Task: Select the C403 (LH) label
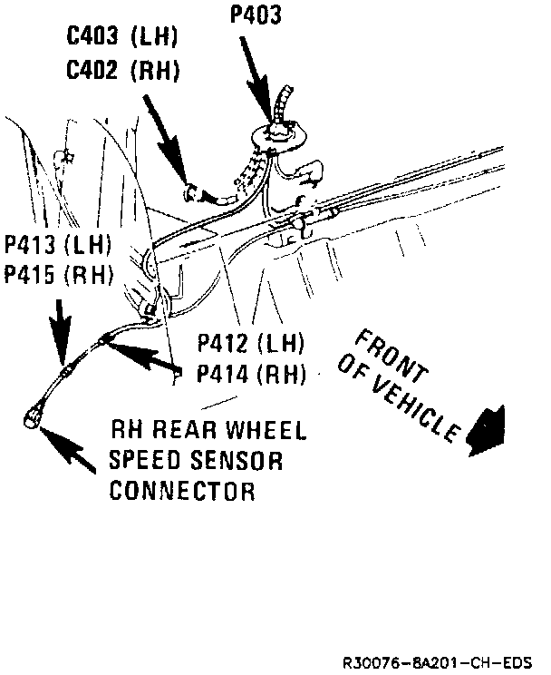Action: pos(123,39)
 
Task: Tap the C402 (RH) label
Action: pos(123,69)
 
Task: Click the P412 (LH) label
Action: pos(251,344)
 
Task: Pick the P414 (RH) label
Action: pos(251,373)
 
